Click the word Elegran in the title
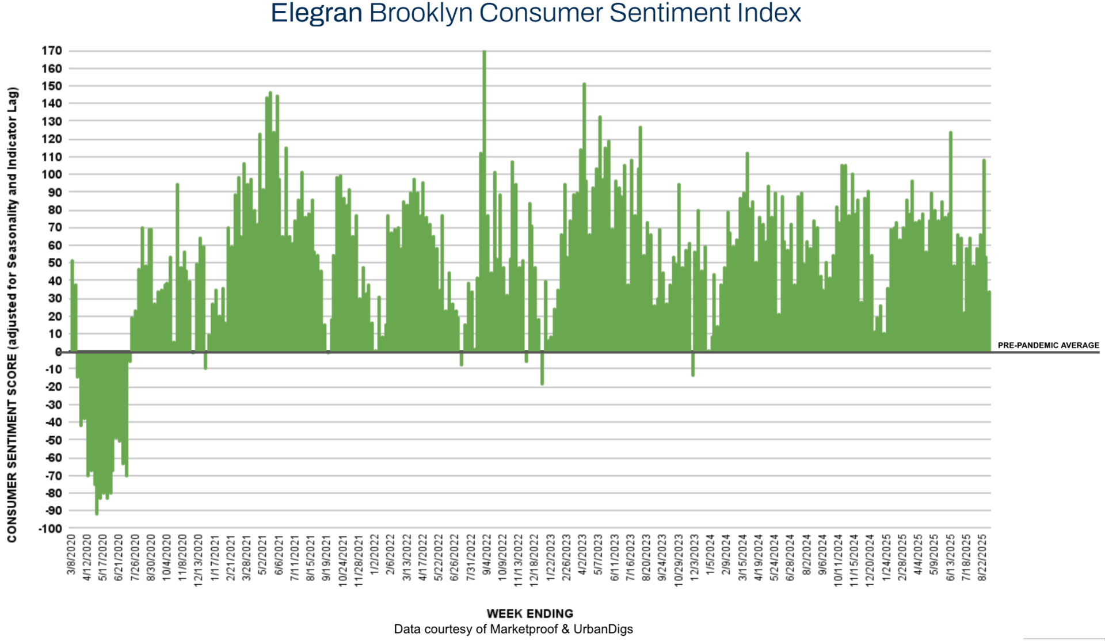(316, 13)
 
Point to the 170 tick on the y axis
(52, 51)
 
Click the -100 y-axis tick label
(50, 528)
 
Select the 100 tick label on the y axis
(52, 174)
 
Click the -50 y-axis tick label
(53, 440)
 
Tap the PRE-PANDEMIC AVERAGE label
(1048, 345)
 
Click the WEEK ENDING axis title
(529, 613)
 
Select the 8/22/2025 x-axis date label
(982, 557)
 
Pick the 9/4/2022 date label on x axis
(487, 554)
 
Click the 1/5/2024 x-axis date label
(710, 554)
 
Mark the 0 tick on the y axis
(59, 352)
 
